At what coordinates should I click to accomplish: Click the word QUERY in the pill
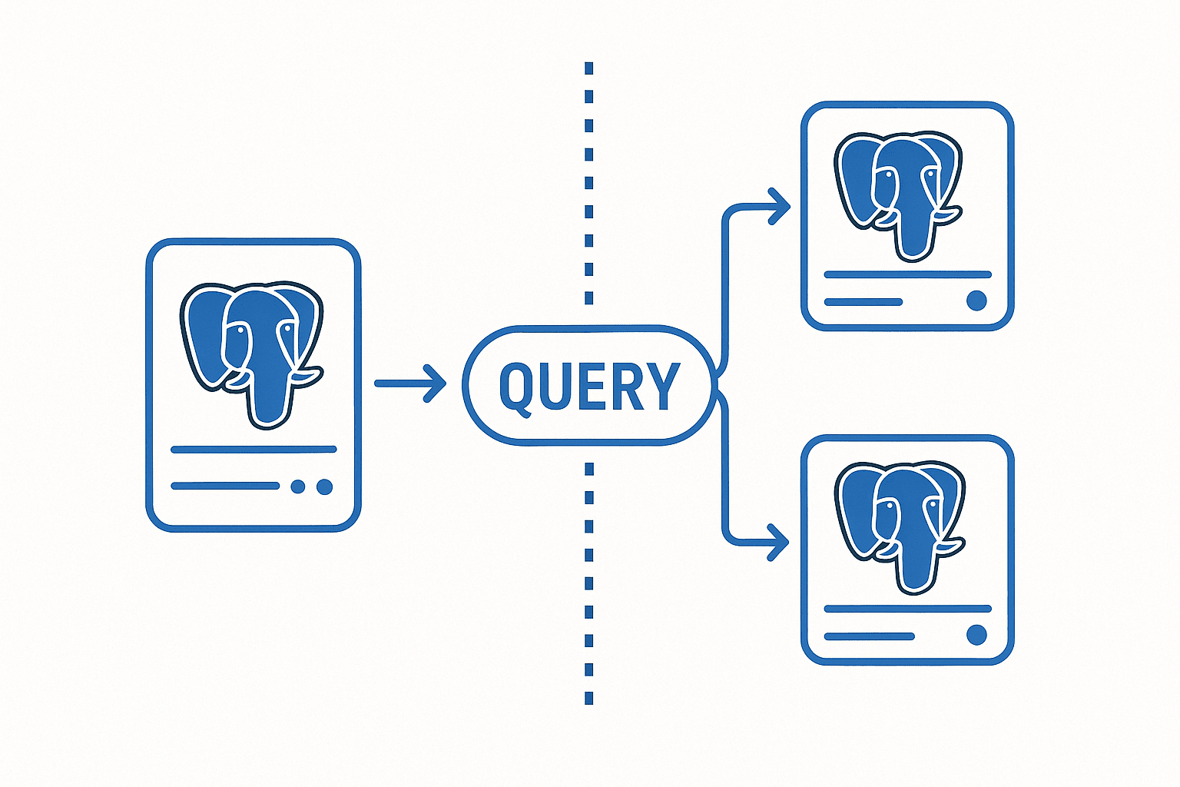(x=589, y=386)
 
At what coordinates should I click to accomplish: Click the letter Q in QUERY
(x=518, y=387)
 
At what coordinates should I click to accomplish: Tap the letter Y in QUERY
(x=662, y=386)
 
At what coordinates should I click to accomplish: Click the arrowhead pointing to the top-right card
(x=781, y=206)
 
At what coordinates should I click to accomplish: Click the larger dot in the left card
(x=324, y=486)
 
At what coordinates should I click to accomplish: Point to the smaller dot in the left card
(x=298, y=486)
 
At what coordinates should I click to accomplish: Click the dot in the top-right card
(x=976, y=301)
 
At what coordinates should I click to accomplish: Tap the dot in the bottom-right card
(x=976, y=635)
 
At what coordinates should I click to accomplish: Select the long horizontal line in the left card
(x=254, y=450)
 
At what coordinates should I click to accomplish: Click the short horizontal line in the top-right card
(x=863, y=302)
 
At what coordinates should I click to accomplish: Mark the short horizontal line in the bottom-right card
(x=869, y=636)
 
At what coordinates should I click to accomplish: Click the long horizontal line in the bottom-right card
(x=907, y=609)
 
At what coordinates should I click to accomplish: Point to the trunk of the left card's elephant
(x=269, y=400)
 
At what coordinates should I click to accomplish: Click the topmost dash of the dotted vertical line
(x=589, y=68)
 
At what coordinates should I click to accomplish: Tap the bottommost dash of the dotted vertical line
(x=589, y=698)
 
